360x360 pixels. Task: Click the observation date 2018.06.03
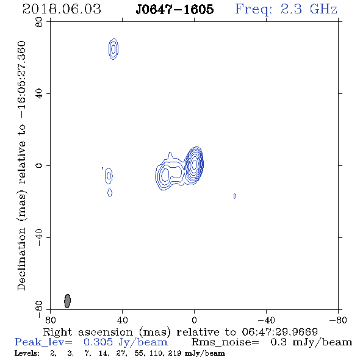(x=62, y=9)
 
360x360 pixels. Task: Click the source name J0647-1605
(x=175, y=9)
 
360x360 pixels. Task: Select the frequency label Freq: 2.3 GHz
(x=286, y=10)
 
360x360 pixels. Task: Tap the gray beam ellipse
(x=67, y=301)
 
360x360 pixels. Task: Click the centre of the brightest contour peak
(x=194, y=164)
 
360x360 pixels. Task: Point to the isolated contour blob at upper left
(x=113, y=49)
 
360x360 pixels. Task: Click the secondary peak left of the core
(x=165, y=175)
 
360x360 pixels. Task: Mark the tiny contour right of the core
(x=235, y=196)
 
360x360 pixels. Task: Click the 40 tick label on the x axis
(x=122, y=320)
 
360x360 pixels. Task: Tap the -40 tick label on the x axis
(x=266, y=320)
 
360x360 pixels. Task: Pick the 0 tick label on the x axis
(x=194, y=320)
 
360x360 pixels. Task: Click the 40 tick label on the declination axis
(x=39, y=93)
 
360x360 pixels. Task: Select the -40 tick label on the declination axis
(x=39, y=237)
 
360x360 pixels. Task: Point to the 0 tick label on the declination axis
(x=39, y=165)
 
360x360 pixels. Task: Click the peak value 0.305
(x=98, y=342)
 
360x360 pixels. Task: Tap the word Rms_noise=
(x=225, y=342)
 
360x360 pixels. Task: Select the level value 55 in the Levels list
(x=140, y=353)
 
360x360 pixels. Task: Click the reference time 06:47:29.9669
(x=279, y=332)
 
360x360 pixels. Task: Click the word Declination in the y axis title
(x=21, y=259)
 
